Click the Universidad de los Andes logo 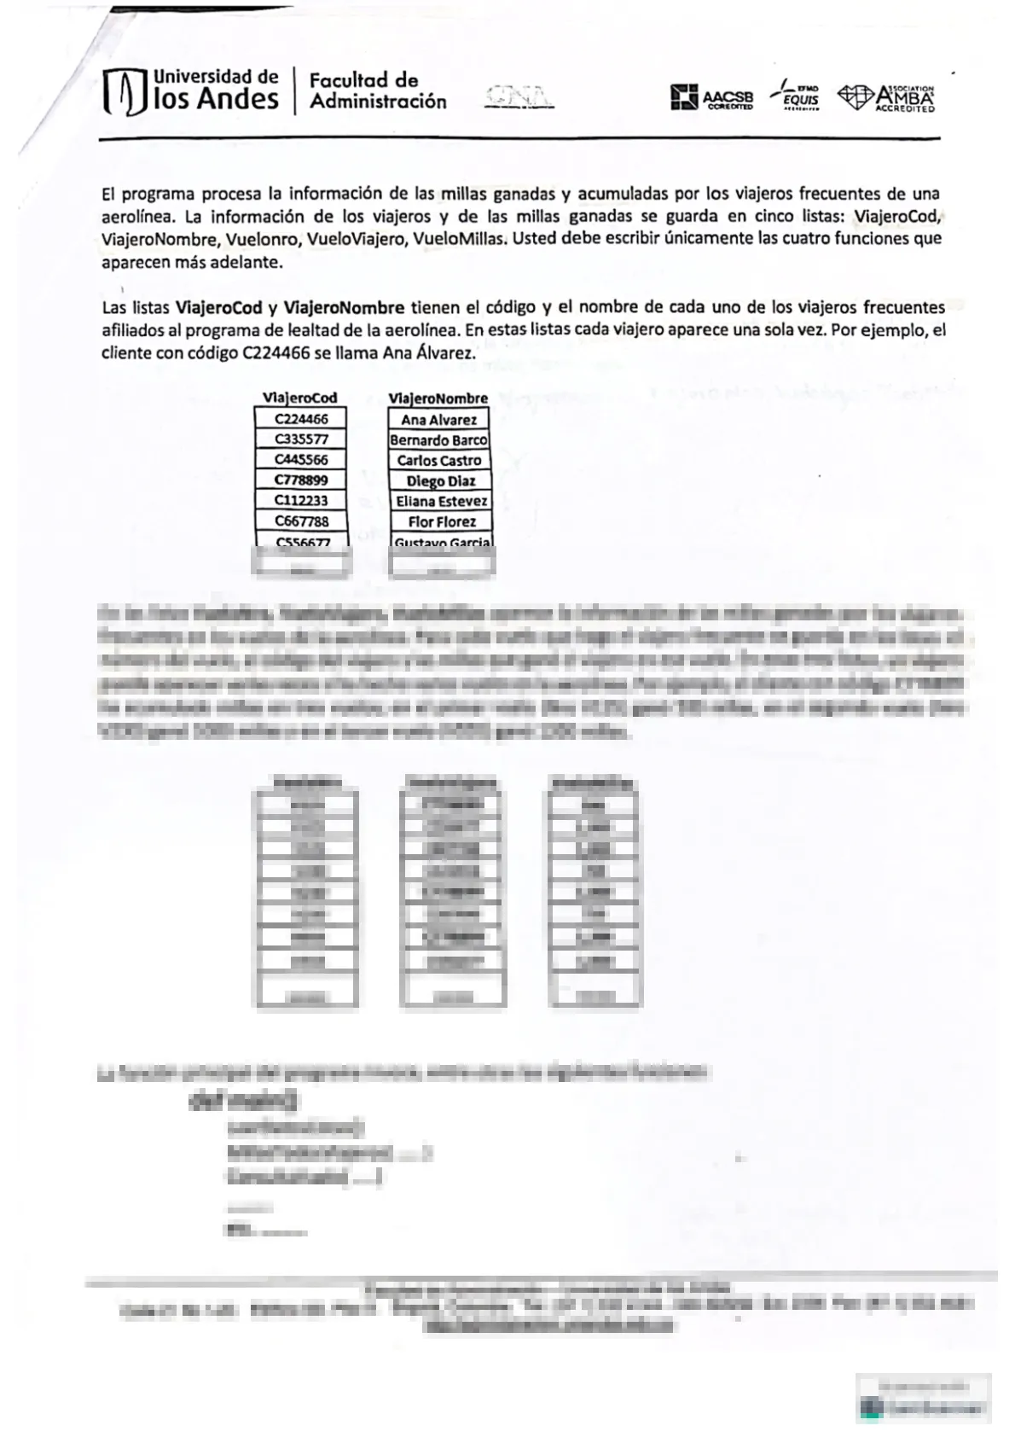pyautogui.click(x=190, y=91)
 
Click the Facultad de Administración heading pyautogui.click(x=377, y=91)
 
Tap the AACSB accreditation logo pyautogui.click(x=711, y=98)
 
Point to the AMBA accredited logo pyautogui.click(x=887, y=97)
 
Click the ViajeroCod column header pyautogui.click(x=299, y=398)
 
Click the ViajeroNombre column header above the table pyautogui.click(x=438, y=399)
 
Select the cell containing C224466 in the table pyautogui.click(x=301, y=419)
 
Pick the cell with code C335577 pyautogui.click(x=301, y=439)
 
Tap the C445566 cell pyautogui.click(x=301, y=460)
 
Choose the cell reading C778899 pyautogui.click(x=301, y=480)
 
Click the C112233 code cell pyautogui.click(x=301, y=501)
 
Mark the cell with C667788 pyautogui.click(x=301, y=521)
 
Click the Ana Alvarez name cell pyautogui.click(x=439, y=420)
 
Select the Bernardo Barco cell pyautogui.click(x=439, y=440)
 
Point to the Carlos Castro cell pyautogui.click(x=439, y=461)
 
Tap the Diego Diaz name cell pyautogui.click(x=440, y=481)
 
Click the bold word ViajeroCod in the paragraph pyautogui.click(x=218, y=307)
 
